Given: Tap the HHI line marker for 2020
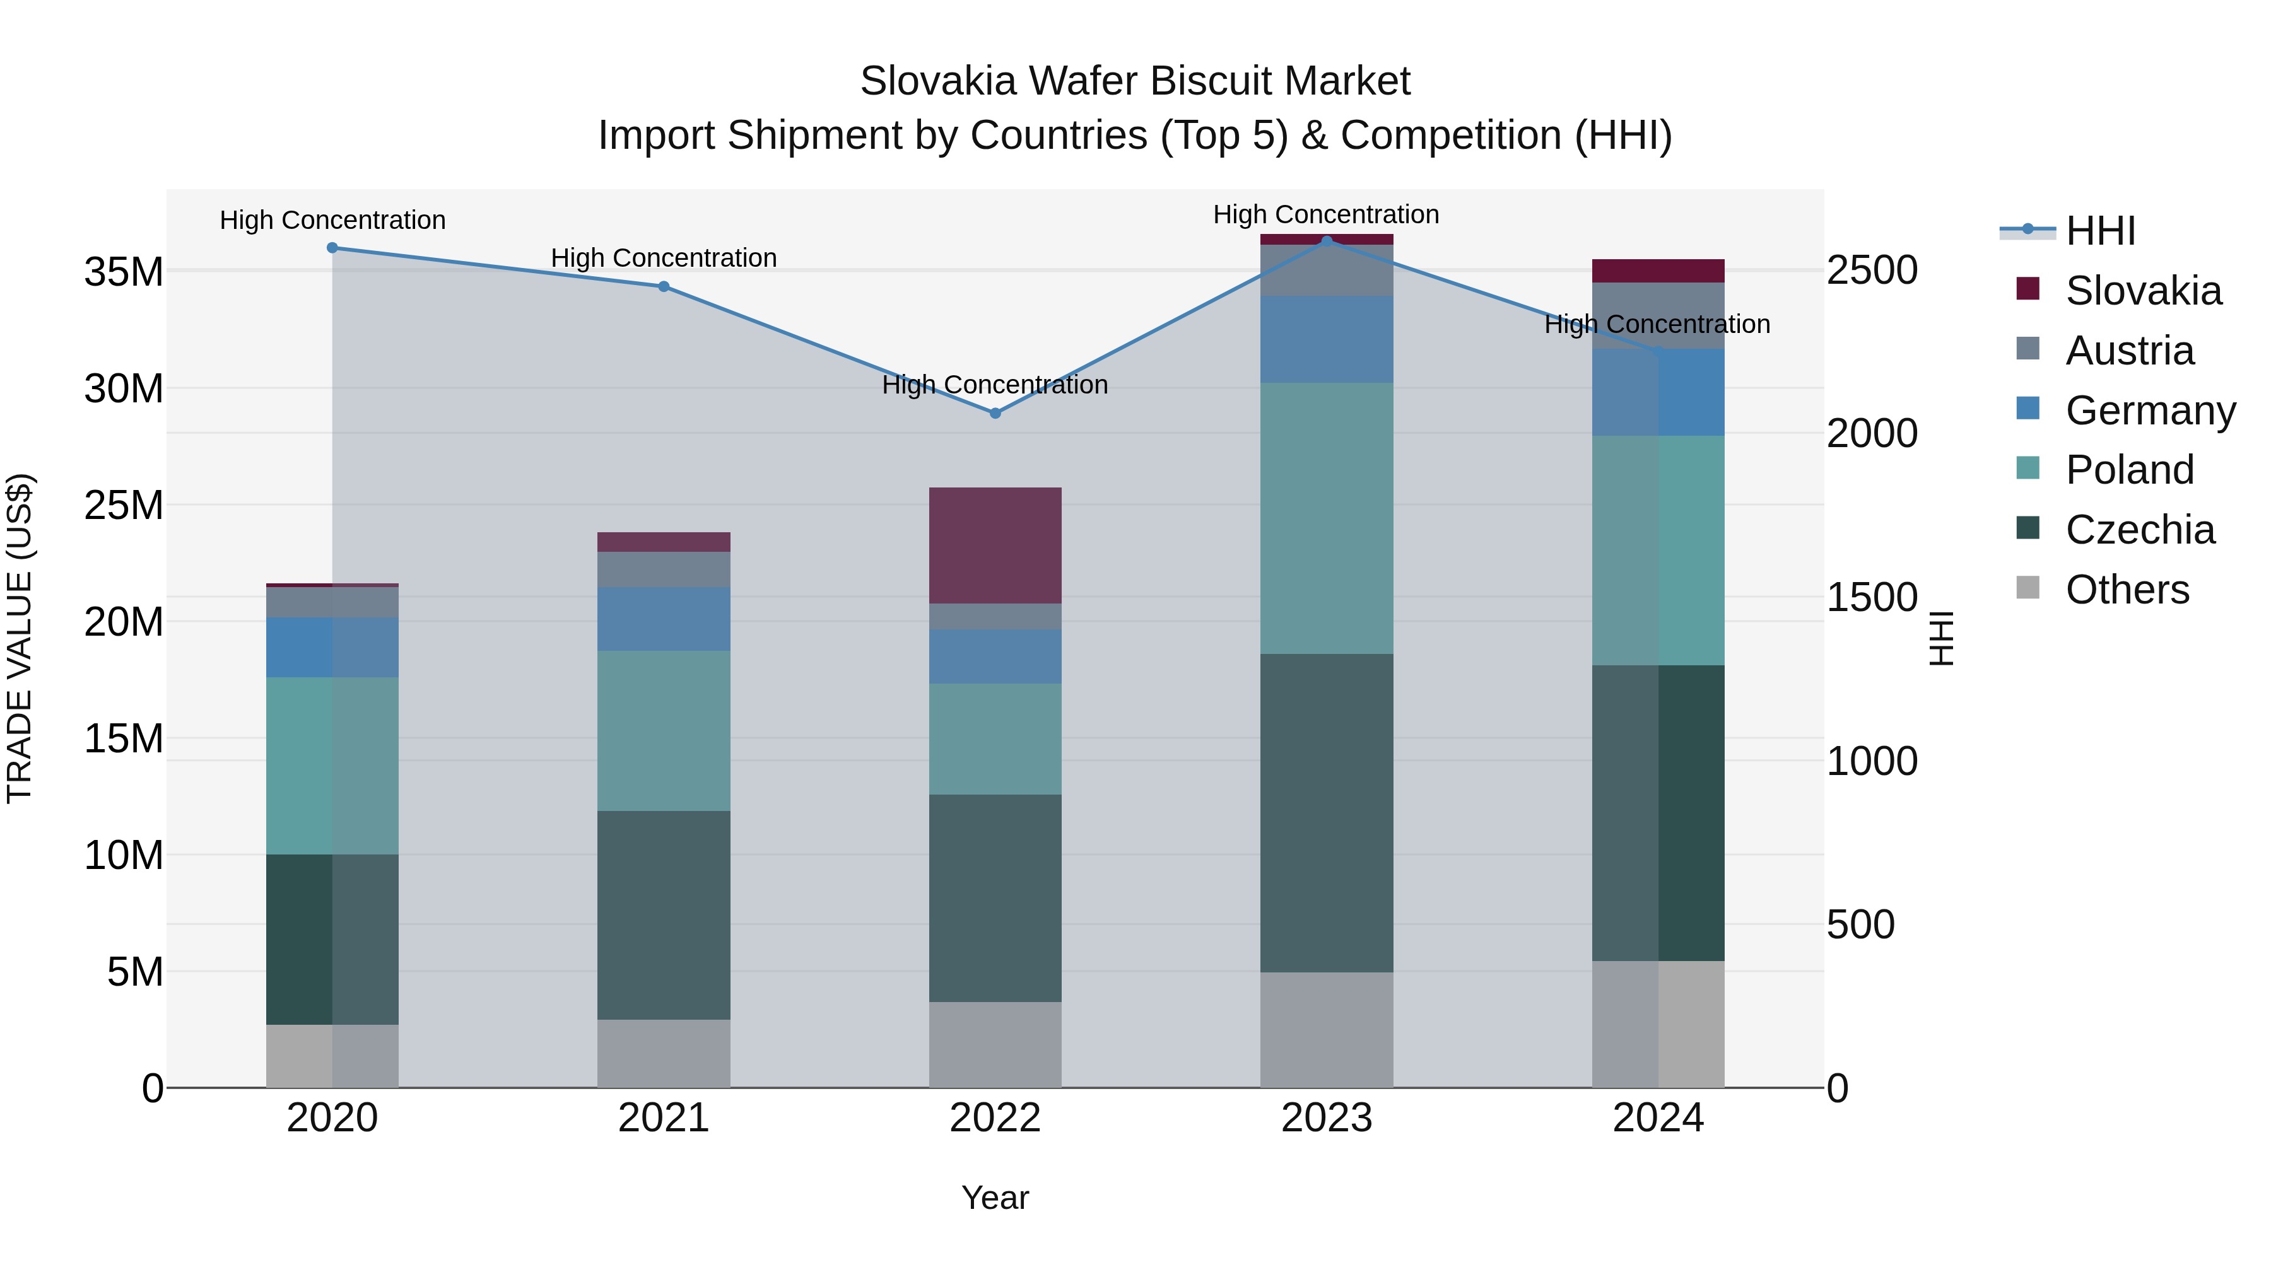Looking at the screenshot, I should [332, 248].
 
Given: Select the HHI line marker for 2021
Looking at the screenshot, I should [664, 286].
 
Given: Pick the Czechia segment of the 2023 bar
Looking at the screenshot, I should [1326, 813].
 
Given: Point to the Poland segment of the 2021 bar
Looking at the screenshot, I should [664, 731].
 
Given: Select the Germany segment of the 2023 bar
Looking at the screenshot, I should [1326, 339].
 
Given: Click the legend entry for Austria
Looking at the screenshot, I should [2128, 351].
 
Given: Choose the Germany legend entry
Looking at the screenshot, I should [2149, 411].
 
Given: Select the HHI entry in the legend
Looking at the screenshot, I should [2100, 231].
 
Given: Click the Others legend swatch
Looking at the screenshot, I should [2027, 588].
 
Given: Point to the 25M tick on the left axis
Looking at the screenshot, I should [124, 506].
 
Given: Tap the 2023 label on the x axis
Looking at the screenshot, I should [1326, 1118].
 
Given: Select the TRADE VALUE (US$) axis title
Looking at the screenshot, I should [20, 638].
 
